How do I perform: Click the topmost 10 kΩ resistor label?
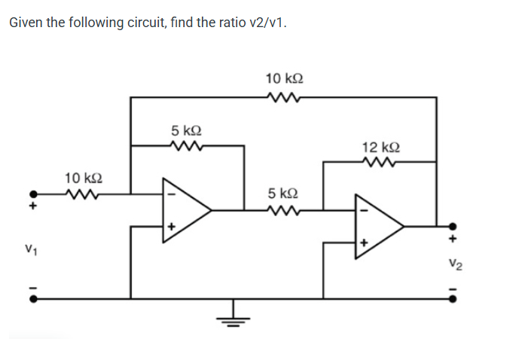(285, 78)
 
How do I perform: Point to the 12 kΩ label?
(380, 146)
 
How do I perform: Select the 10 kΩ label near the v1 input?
(84, 178)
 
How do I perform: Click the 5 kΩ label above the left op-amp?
(185, 129)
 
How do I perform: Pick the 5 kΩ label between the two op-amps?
(284, 194)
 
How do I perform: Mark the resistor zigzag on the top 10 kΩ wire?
(285, 96)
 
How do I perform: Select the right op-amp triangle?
(378, 225)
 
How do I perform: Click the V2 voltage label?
(452, 263)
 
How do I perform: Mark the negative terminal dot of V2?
(453, 298)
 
